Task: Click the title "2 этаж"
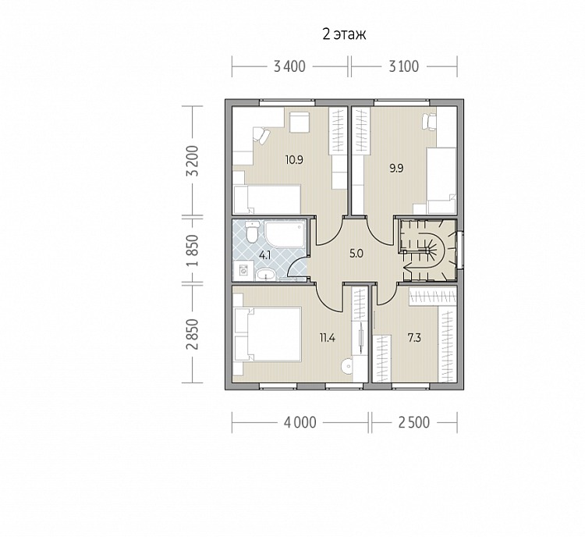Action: pyautogui.click(x=344, y=34)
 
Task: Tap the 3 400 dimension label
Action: pyautogui.click(x=289, y=67)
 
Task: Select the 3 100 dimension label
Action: pyautogui.click(x=404, y=67)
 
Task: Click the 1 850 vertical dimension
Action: pyautogui.click(x=193, y=251)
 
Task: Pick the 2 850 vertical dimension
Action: pyautogui.click(x=193, y=334)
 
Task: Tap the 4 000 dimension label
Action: pyautogui.click(x=300, y=423)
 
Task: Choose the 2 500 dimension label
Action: pyautogui.click(x=414, y=423)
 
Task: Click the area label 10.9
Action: pyautogui.click(x=294, y=160)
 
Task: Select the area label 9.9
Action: pyautogui.click(x=396, y=169)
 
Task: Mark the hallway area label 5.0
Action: pyautogui.click(x=356, y=254)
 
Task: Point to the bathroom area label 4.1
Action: pyautogui.click(x=264, y=256)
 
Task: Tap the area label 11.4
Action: pyautogui.click(x=327, y=338)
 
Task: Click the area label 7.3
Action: pyautogui.click(x=414, y=338)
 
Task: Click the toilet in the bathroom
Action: pyautogui.click(x=252, y=231)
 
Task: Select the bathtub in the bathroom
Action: pyautogui.click(x=285, y=233)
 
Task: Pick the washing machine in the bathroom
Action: pyautogui.click(x=243, y=271)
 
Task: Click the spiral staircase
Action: pyautogui.click(x=427, y=250)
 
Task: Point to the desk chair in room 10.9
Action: pyautogui.click(x=261, y=135)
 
